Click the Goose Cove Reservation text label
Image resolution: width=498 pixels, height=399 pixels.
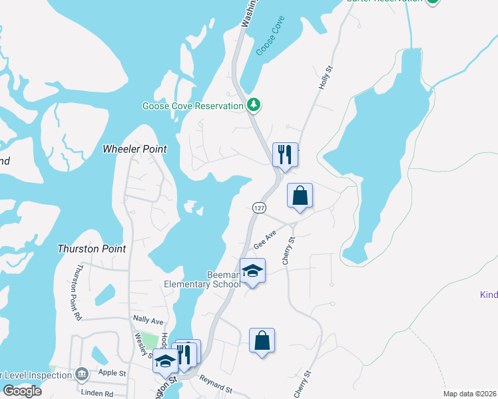click(x=192, y=106)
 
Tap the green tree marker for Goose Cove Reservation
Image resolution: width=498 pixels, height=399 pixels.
click(x=253, y=104)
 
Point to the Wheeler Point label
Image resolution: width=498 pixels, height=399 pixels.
click(x=134, y=149)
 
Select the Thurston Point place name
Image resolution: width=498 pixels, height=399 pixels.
click(x=92, y=249)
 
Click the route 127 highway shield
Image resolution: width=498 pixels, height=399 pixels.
click(x=259, y=207)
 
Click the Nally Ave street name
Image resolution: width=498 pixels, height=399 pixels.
click(x=148, y=319)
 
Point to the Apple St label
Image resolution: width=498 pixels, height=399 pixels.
click(x=112, y=373)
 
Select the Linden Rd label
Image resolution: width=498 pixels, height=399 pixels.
click(x=99, y=394)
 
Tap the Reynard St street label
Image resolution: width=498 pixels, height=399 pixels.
click(x=215, y=384)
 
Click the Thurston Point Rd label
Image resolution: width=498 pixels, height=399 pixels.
click(x=78, y=293)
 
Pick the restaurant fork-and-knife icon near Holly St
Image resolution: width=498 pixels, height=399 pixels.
click(x=285, y=154)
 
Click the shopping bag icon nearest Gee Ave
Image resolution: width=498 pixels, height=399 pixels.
click(x=300, y=196)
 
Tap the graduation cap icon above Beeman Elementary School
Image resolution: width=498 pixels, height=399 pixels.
click(x=252, y=270)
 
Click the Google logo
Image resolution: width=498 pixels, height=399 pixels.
click(x=21, y=391)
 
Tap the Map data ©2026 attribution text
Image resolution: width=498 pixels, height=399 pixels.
click(x=469, y=394)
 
